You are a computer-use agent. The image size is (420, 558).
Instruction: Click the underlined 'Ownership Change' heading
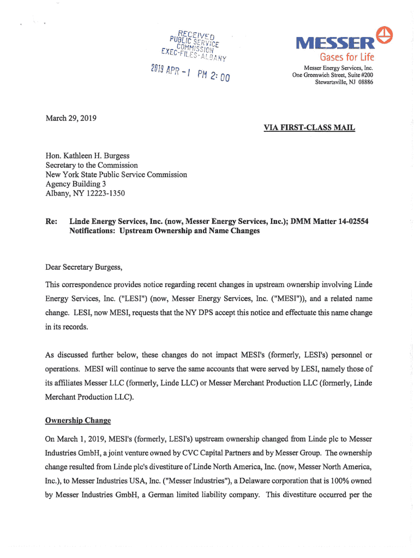point(78,421)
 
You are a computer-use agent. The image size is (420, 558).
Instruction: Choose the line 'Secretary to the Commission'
point(92,165)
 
